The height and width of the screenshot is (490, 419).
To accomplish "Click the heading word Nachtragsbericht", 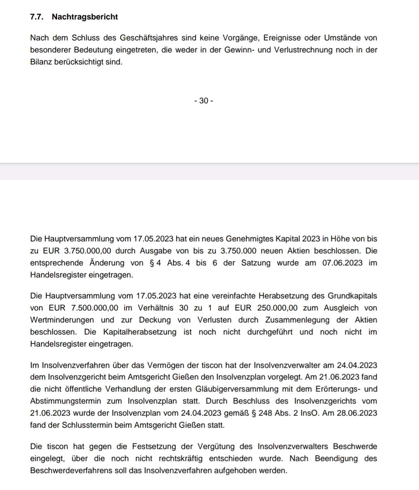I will (85, 17).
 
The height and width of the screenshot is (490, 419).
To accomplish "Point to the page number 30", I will (204, 101).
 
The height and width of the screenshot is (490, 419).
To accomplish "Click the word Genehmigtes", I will (253, 239).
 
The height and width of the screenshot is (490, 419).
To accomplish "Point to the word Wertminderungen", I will (62, 320).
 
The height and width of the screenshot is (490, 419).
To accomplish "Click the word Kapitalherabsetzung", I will (140, 332).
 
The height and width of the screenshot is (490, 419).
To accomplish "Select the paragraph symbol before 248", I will (254, 413).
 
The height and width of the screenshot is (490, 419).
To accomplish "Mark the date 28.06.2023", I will (357, 413).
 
